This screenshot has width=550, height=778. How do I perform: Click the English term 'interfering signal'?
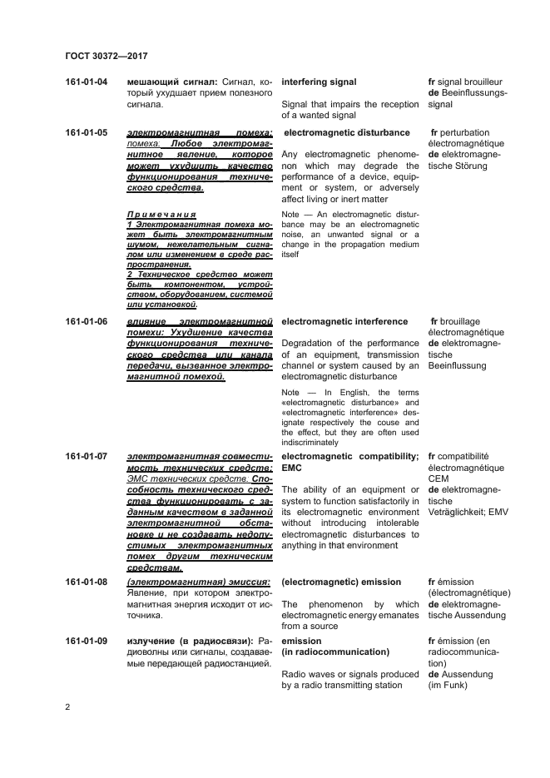319,82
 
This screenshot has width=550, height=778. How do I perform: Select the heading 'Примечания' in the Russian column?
161,214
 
